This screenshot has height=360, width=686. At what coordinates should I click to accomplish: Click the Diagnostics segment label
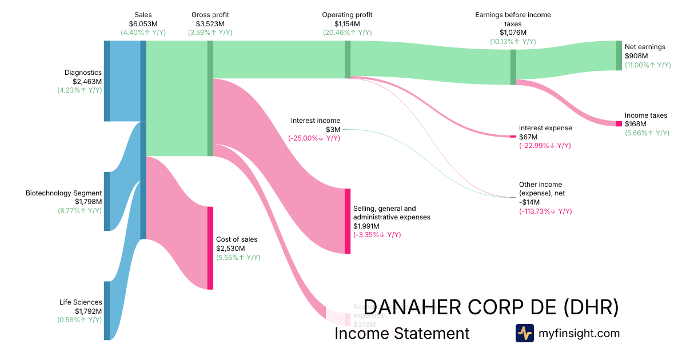[x=83, y=73]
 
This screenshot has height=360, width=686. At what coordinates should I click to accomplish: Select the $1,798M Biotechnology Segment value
[x=88, y=202]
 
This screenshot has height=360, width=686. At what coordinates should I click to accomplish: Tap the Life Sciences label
[x=81, y=302]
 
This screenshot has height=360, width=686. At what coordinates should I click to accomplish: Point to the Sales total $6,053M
[x=143, y=23]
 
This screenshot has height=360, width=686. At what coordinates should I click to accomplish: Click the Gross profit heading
[x=210, y=14]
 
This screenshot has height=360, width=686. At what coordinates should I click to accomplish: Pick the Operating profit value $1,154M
[x=347, y=23]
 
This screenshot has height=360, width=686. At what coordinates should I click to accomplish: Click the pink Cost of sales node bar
[x=210, y=248]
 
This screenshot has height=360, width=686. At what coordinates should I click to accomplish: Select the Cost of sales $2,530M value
[x=230, y=249]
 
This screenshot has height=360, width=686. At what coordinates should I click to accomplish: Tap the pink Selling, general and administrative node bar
[x=348, y=221]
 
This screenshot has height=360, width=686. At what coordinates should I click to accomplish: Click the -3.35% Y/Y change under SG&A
[x=377, y=235]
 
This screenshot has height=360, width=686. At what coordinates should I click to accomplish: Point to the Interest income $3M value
[x=333, y=130]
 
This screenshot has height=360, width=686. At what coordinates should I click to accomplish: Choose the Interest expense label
[x=545, y=128]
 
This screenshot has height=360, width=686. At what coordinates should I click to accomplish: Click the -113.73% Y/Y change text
[x=545, y=211]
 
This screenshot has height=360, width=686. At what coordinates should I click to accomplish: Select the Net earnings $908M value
[x=636, y=56]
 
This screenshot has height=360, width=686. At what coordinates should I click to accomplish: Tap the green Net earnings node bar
[x=619, y=55]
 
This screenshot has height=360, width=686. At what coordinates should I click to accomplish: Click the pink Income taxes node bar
[x=619, y=124]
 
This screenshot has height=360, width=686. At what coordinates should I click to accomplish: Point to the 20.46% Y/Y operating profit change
[x=347, y=33]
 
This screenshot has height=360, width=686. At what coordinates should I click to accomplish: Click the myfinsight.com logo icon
[x=524, y=333]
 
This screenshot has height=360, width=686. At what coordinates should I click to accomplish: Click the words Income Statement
[x=402, y=334]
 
